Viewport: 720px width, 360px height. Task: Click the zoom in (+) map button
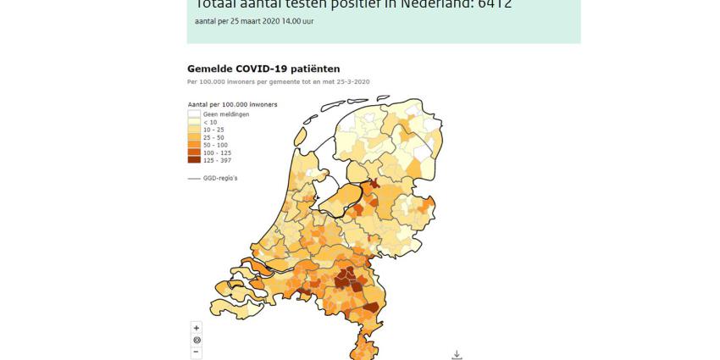pyautogui.click(x=197, y=328)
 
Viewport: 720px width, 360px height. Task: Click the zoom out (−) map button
pyautogui.click(x=197, y=352)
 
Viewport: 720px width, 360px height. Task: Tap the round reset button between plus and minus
pyautogui.click(x=197, y=340)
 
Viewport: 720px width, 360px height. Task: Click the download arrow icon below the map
pyautogui.click(x=457, y=355)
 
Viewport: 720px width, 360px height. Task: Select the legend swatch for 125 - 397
pyautogui.click(x=194, y=160)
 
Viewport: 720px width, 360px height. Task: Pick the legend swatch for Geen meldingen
pyautogui.click(x=194, y=114)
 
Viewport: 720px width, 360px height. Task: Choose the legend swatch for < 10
pyautogui.click(x=194, y=121)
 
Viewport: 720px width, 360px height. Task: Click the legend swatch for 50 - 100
pyautogui.click(x=194, y=145)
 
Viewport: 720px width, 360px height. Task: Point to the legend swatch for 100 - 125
pyautogui.click(x=194, y=152)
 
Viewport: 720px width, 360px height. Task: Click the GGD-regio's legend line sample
pyautogui.click(x=193, y=178)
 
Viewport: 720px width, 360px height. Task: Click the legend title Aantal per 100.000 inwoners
pyautogui.click(x=232, y=104)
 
